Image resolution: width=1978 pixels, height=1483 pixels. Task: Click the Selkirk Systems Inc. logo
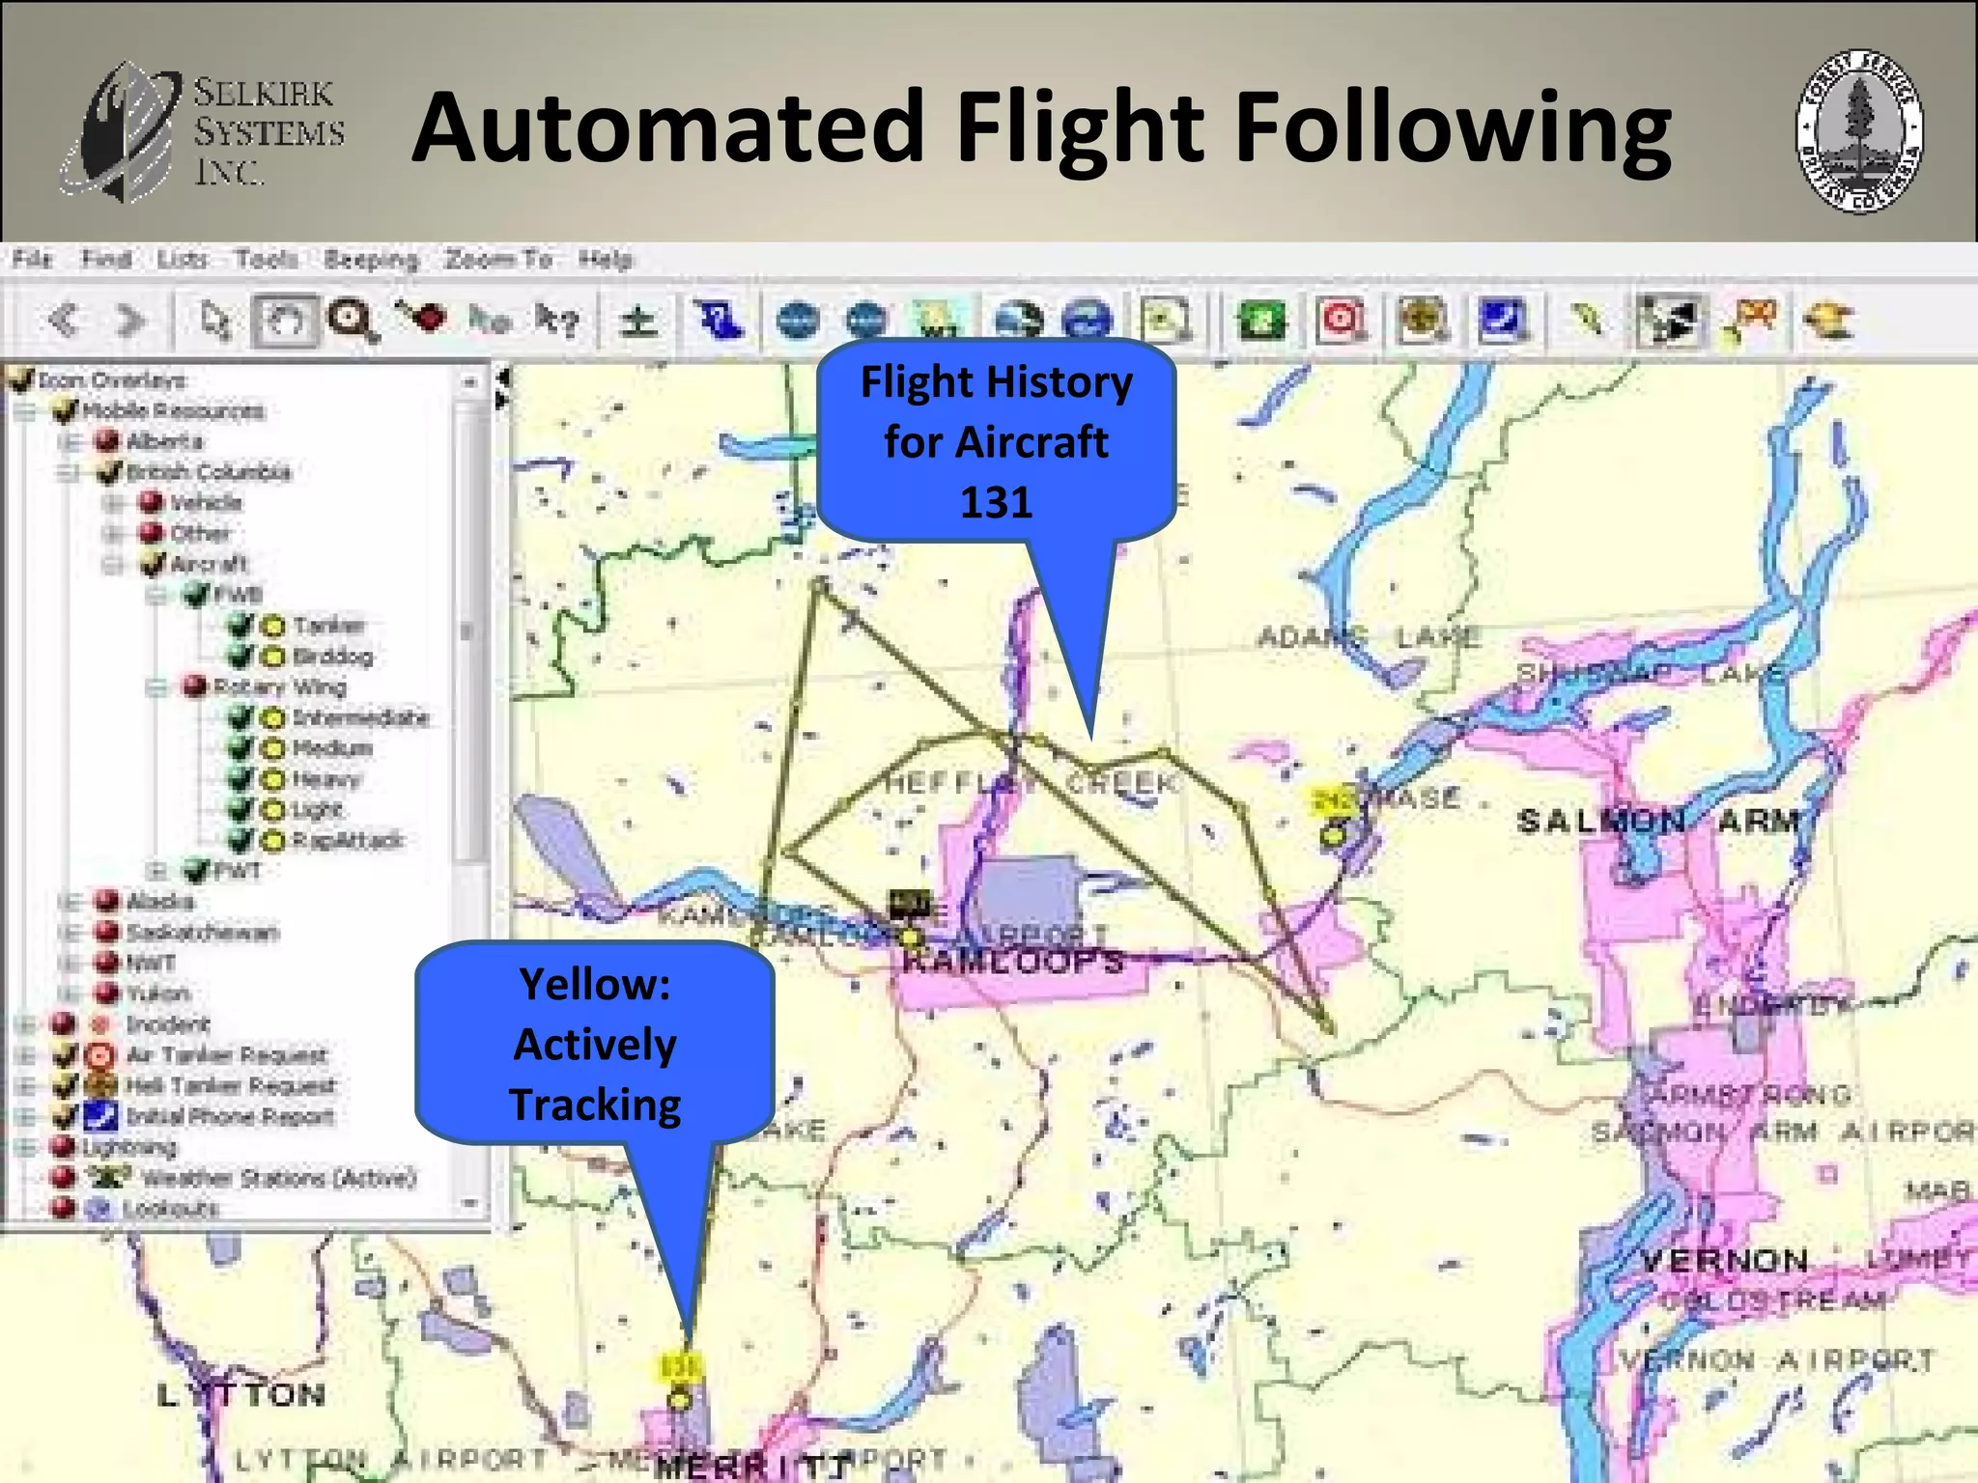point(204,130)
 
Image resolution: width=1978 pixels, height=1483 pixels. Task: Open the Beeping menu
point(371,260)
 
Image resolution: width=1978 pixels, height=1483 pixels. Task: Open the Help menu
point(606,260)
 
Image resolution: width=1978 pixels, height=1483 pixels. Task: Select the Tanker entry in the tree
point(328,626)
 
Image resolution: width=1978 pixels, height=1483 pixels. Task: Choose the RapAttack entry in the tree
point(347,841)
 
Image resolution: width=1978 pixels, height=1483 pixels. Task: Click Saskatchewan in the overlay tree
point(203,933)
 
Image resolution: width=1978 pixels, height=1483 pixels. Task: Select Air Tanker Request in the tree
point(227,1055)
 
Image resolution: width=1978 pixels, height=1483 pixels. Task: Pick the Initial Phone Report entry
point(230,1117)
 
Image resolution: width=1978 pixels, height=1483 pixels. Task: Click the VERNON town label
point(1725,1260)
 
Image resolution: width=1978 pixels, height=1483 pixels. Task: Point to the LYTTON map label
point(241,1394)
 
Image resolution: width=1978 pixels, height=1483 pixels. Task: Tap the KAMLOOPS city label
point(1014,962)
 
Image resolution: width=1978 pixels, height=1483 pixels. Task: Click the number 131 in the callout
point(996,502)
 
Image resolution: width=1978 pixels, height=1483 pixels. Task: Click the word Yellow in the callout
point(595,985)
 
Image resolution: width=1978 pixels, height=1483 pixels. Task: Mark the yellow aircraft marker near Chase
point(1334,833)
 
